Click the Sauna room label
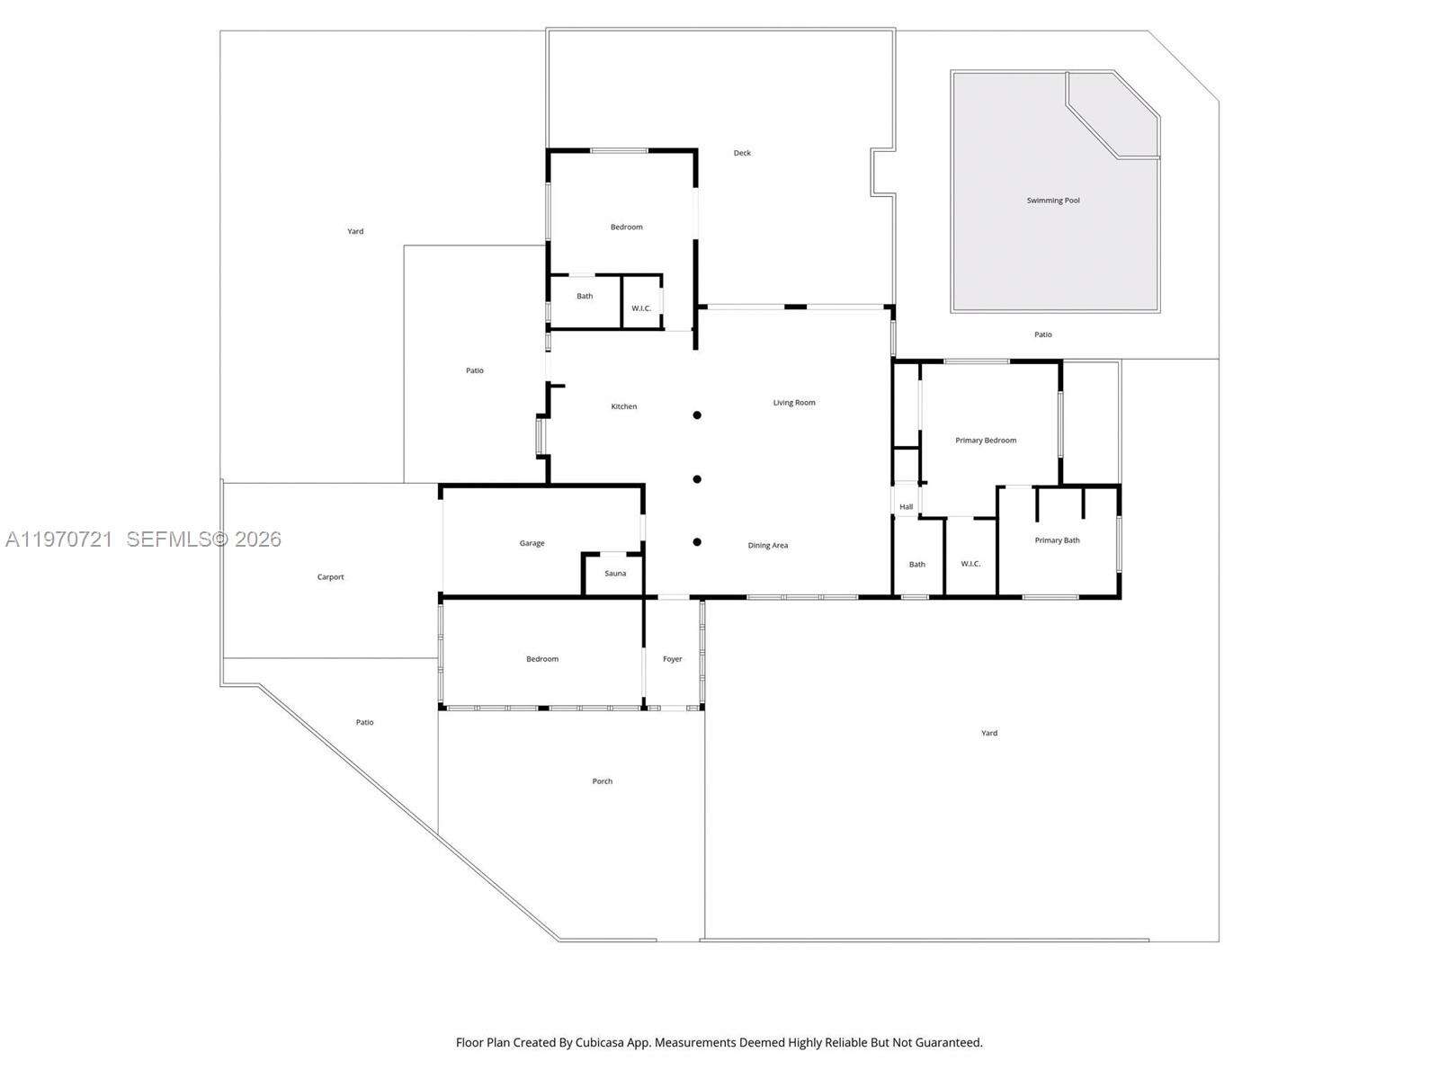615,574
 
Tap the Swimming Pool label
1053,201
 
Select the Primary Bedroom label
986,441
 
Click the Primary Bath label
1057,540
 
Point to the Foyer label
673,659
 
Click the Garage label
532,543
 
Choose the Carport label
330,577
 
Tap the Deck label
742,153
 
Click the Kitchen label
623,406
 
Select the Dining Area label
768,546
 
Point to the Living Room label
794,403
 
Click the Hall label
906,507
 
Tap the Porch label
602,781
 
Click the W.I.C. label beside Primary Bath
970,564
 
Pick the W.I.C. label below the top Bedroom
641,308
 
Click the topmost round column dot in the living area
697,415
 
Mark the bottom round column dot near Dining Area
697,542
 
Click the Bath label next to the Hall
916,565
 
